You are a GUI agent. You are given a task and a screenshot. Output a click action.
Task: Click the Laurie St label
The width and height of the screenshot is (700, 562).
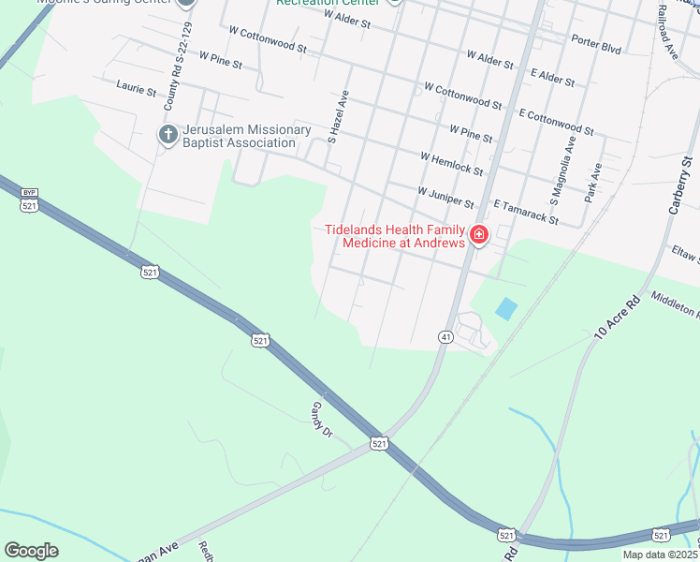[137, 88]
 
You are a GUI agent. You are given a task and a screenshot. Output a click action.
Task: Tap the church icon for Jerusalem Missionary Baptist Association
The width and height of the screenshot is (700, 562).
[168, 135]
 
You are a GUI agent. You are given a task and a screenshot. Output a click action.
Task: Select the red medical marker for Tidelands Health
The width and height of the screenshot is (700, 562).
[479, 234]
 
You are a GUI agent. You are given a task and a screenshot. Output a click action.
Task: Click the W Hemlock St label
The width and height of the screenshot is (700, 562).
[452, 164]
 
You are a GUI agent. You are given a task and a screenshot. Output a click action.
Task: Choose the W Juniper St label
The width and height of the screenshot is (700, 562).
[445, 197]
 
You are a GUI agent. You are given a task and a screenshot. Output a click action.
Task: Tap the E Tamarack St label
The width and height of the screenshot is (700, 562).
[526, 213]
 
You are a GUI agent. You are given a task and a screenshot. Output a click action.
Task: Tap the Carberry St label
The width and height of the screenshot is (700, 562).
[678, 182]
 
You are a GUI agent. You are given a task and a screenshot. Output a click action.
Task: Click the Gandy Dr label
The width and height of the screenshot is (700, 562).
[322, 419]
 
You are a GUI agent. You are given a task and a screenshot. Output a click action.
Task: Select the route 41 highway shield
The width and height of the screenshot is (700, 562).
[445, 336]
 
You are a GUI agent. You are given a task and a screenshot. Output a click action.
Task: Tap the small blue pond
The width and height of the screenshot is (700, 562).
[505, 309]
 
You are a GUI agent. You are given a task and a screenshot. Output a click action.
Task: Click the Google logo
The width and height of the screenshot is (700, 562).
[31, 551]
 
